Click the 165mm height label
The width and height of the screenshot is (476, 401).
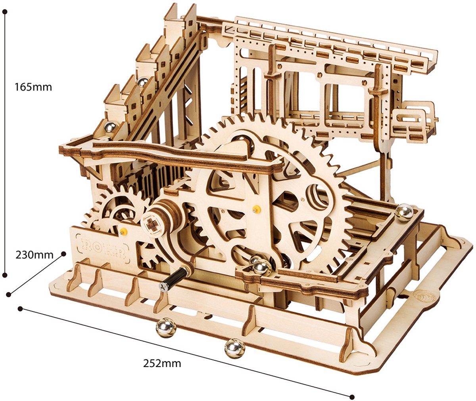(x=33, y=87)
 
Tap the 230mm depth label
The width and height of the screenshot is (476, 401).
(x=35, y=255)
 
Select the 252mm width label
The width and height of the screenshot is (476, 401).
(x=162, y=363)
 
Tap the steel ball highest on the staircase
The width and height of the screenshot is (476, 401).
(x=143, y=82)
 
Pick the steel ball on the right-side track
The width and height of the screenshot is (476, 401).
(x=405, y=213)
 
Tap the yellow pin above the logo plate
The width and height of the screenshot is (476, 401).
(x=124, y=231)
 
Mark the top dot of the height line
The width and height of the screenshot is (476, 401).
(x=6, y=11)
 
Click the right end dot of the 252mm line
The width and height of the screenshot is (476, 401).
(x=352, y=397)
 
